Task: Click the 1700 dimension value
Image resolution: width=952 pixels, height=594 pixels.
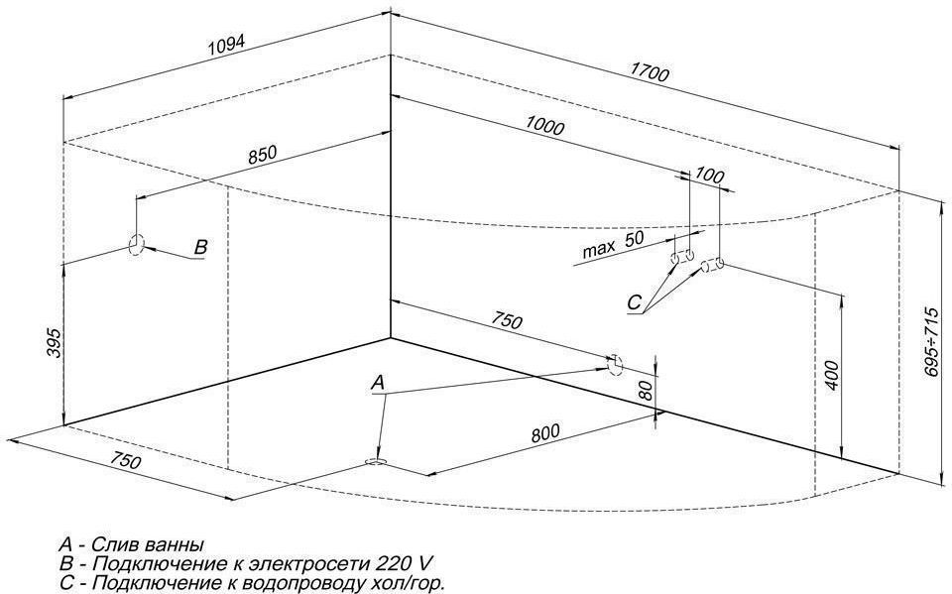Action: [650, 73]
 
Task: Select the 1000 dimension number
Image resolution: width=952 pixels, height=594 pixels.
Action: [545, 127]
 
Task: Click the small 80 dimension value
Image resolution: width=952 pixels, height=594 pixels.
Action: [646, 390]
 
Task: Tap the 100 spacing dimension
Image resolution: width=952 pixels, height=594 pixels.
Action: [710, 176]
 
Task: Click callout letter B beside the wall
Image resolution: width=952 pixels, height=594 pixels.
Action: [200, 248]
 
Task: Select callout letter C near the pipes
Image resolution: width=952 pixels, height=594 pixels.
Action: [635, 302]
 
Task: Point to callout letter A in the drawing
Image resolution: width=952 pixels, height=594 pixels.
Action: [377, 382]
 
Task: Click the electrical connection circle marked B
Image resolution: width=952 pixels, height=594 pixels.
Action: [137, 244]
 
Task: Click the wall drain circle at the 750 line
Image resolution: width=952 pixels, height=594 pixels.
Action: [615, 362]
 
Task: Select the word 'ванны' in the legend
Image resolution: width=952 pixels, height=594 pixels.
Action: [171, 544]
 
